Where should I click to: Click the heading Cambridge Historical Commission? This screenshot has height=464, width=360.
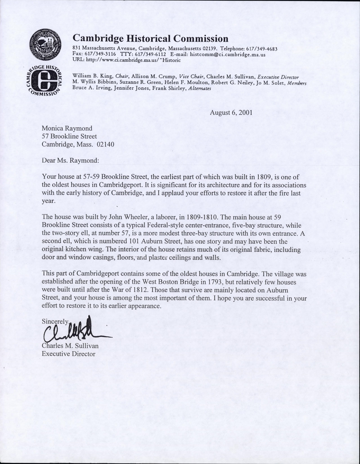tap(150, 39)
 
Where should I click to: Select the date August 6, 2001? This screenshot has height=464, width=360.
tap(231, 113)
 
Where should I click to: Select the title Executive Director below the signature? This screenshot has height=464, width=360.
tap(69, 354)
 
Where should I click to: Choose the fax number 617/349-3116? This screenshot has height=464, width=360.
tap(96, 54)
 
